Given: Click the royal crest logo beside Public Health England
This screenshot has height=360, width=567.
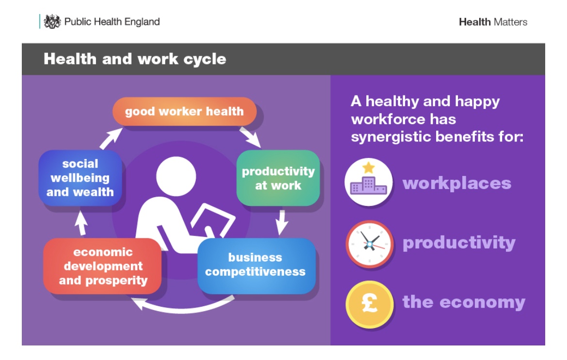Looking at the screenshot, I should (x=52, y=22).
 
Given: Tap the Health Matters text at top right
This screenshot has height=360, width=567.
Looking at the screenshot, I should (x=493, y=22).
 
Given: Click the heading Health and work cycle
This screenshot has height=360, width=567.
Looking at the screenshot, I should (x=135, y=59).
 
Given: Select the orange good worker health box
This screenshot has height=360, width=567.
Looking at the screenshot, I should (x=184, y=111).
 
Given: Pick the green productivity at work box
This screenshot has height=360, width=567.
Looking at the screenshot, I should (x=278, y=178).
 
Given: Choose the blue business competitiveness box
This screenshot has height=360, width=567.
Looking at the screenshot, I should (x=256, y=265).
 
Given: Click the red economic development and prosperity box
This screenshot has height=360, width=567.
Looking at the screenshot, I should (x=103, y=266).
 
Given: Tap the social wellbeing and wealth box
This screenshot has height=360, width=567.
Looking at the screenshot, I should (x=80, y=178).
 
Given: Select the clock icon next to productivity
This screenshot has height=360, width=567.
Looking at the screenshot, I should (x=369, y=244).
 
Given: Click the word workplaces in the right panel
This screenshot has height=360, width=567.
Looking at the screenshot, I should (x=457, y=183).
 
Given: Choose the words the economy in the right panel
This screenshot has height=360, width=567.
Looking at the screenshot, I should (x=463, y=302).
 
